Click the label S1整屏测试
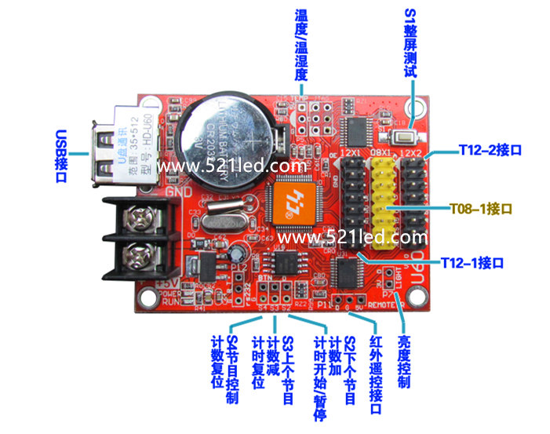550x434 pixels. coord(410,48)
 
